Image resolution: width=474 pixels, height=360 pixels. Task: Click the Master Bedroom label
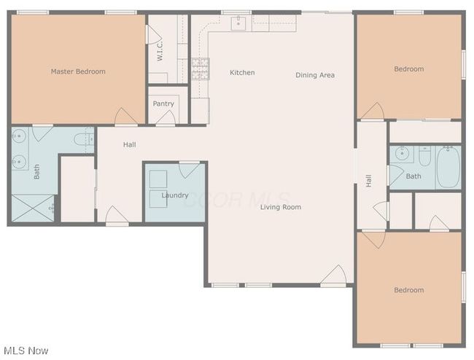[78, 71]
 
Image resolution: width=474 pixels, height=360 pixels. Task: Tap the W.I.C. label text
[160, 51]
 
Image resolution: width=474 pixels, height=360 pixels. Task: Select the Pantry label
[163, 103]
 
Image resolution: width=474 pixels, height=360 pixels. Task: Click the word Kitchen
[242, 72]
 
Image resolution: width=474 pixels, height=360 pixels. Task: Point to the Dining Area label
[315, 75]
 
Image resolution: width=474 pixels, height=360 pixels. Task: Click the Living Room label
[281, 207]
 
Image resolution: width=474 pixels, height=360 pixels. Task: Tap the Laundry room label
[175, 195]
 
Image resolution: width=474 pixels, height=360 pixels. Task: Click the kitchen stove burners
[200, 69]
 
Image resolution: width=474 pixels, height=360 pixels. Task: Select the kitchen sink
[238, 23]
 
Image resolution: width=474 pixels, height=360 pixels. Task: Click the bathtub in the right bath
[448, 167]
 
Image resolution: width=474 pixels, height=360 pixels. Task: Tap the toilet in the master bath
[84, 139]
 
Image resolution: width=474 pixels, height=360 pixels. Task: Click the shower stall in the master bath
[33, 208]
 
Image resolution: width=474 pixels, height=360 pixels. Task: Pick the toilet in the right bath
[424, 156]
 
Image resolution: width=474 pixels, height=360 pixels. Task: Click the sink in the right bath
[402, 154]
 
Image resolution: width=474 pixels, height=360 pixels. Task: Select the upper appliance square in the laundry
[158, 179]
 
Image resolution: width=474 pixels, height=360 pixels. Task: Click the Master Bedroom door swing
[126, 116]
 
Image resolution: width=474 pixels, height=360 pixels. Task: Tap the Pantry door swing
[166, 117]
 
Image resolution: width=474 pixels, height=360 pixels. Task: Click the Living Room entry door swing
[333, 275]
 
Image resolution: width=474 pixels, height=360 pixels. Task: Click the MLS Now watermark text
[26, 351]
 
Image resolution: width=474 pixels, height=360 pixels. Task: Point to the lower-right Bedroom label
[408, 290]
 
